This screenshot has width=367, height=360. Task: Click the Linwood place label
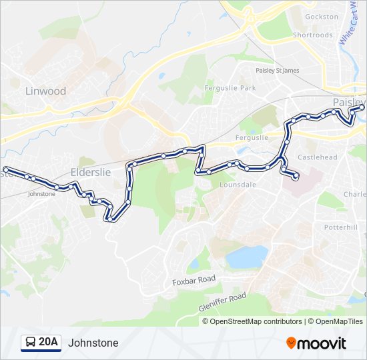pos(45,91)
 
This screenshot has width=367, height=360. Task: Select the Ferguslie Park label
pos(230,88)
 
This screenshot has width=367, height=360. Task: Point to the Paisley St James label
pos(278,70)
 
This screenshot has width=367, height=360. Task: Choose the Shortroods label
pos(312,35)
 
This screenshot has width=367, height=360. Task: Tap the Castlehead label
pos(318,157)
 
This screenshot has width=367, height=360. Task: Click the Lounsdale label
pos(238,184)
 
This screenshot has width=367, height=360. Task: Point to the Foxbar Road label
pos(194,281)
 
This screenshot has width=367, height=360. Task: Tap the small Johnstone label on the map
pos(41,194)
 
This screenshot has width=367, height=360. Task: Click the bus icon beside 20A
pos(30,343)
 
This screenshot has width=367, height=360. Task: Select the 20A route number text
pos(48,343)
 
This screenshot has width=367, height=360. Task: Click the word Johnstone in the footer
pos(93,343)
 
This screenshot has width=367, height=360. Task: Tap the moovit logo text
pos(322,343)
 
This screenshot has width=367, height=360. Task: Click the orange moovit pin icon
pos(292,343)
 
